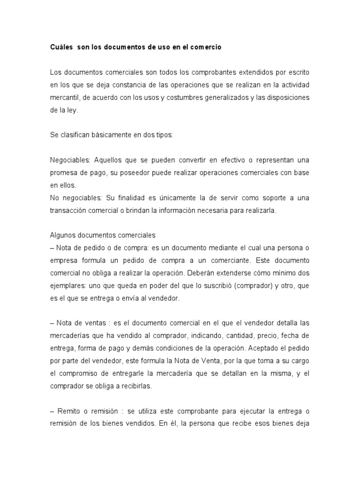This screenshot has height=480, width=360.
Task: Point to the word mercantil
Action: coord(66,98)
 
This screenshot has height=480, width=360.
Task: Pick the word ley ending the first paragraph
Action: coord(73,111)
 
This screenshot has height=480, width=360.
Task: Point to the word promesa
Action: coord(64,172)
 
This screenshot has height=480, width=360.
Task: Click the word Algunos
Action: coord(63,235)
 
